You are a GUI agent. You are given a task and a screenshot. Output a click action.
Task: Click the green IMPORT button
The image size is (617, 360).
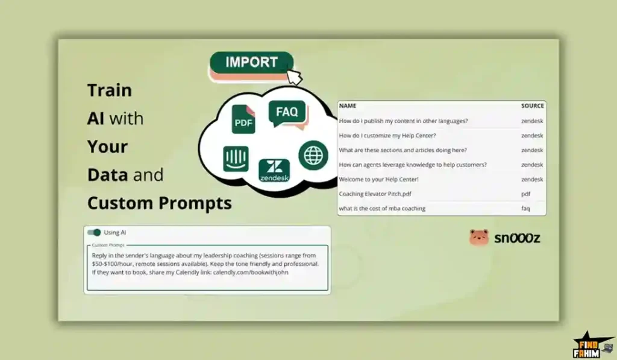tap(251, 63)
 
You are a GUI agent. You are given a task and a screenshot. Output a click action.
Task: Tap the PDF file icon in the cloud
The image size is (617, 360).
tap(243, 119)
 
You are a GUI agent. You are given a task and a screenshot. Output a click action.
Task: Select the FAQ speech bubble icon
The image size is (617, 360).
tap(287, 113)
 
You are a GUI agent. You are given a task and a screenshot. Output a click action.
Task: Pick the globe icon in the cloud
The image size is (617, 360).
tap(313, 155)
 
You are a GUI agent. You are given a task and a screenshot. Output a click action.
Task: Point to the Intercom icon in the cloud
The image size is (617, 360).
tap(236, 159)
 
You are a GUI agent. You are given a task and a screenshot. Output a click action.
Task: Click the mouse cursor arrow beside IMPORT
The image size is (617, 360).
tap(294, 77)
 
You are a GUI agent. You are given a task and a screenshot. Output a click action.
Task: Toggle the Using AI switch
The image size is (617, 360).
tap(94, 232)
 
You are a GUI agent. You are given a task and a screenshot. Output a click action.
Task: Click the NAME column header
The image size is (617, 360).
tap(348, 106)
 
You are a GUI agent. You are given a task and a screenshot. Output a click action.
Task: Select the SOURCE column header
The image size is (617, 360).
tap(532, 106)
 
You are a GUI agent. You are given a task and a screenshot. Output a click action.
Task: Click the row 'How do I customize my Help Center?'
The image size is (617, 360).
tap(387, 136)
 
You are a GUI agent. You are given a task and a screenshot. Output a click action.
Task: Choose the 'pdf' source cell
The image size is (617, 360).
tap(525, 194)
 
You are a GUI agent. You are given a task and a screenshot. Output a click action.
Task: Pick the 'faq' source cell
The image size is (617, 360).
tap(525, 209)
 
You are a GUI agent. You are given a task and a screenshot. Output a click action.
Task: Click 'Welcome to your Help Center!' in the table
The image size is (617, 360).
tap(378, 180)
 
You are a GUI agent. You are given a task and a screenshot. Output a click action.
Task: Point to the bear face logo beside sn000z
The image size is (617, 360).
tap(479, 238)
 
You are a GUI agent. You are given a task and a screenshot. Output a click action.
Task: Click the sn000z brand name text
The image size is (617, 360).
tap(517, 238)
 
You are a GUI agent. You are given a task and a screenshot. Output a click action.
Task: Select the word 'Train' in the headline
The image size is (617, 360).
tap(110, 90)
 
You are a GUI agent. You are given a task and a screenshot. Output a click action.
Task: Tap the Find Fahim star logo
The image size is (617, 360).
tap(591, 345)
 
